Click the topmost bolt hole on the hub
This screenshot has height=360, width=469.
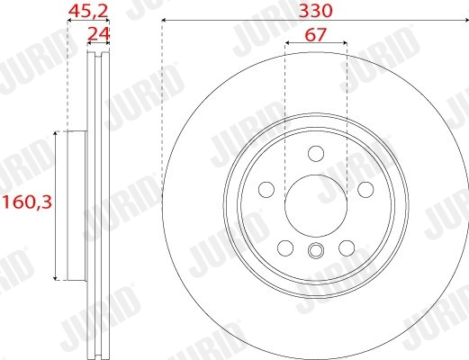(315, 153)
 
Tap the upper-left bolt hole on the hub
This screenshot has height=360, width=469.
(266, 189)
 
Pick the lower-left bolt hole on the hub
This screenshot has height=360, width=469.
(285, 247)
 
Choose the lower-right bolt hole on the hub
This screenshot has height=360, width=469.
(346, 247)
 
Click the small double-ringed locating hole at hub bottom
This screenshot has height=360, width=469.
(315, 252)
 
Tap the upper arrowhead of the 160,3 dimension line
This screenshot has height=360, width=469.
(56, 134)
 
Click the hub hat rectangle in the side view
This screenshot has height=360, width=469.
(76, 204)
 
